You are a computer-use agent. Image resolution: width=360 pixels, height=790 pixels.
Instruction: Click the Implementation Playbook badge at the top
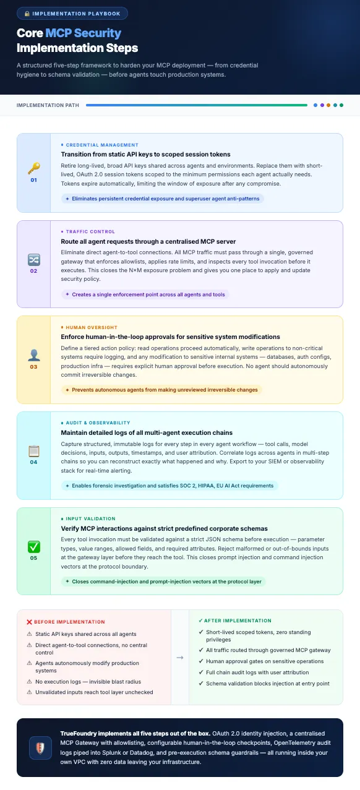tap(72, 13)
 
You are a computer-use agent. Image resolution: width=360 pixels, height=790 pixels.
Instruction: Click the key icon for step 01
tap(33, 168)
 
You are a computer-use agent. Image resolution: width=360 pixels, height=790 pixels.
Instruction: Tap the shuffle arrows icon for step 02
tap(33, 259)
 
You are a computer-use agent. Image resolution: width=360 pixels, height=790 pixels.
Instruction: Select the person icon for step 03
tap(33, 354)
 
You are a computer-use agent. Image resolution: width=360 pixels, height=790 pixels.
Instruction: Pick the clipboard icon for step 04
tap(33, 450)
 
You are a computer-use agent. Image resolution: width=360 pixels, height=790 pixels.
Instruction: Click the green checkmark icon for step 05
tap(33, 546)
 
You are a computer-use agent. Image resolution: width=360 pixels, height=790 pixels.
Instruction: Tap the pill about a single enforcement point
tap(146, 294)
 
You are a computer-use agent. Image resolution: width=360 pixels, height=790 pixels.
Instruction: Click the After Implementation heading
tap(238, 620)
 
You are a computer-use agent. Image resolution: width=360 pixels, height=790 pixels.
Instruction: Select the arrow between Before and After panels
tap(180, 657)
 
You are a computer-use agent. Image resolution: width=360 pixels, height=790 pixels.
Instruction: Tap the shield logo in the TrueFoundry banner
tap(40, 747)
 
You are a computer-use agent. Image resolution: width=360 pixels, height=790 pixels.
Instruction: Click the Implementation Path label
tap(48, 105)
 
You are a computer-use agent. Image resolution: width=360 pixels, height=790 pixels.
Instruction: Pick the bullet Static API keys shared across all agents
tap(86, 634)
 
